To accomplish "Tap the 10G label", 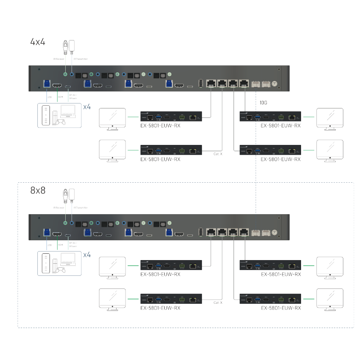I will coord(264,103).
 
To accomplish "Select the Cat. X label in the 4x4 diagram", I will coord(217,154).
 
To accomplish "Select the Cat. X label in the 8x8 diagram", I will coord(217,302).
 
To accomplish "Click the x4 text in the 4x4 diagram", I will coord(87,107).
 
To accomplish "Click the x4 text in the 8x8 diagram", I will coord(87,255).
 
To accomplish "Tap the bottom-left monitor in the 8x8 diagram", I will coord(112,299).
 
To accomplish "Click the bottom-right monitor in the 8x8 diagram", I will coord(330,299).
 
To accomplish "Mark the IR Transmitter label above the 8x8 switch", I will coord(81,207).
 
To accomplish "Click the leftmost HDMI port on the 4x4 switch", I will coord(57,85).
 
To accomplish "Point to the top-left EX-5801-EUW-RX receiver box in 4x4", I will coord(171,117).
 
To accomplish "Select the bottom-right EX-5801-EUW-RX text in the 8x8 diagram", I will coord(280,308).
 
